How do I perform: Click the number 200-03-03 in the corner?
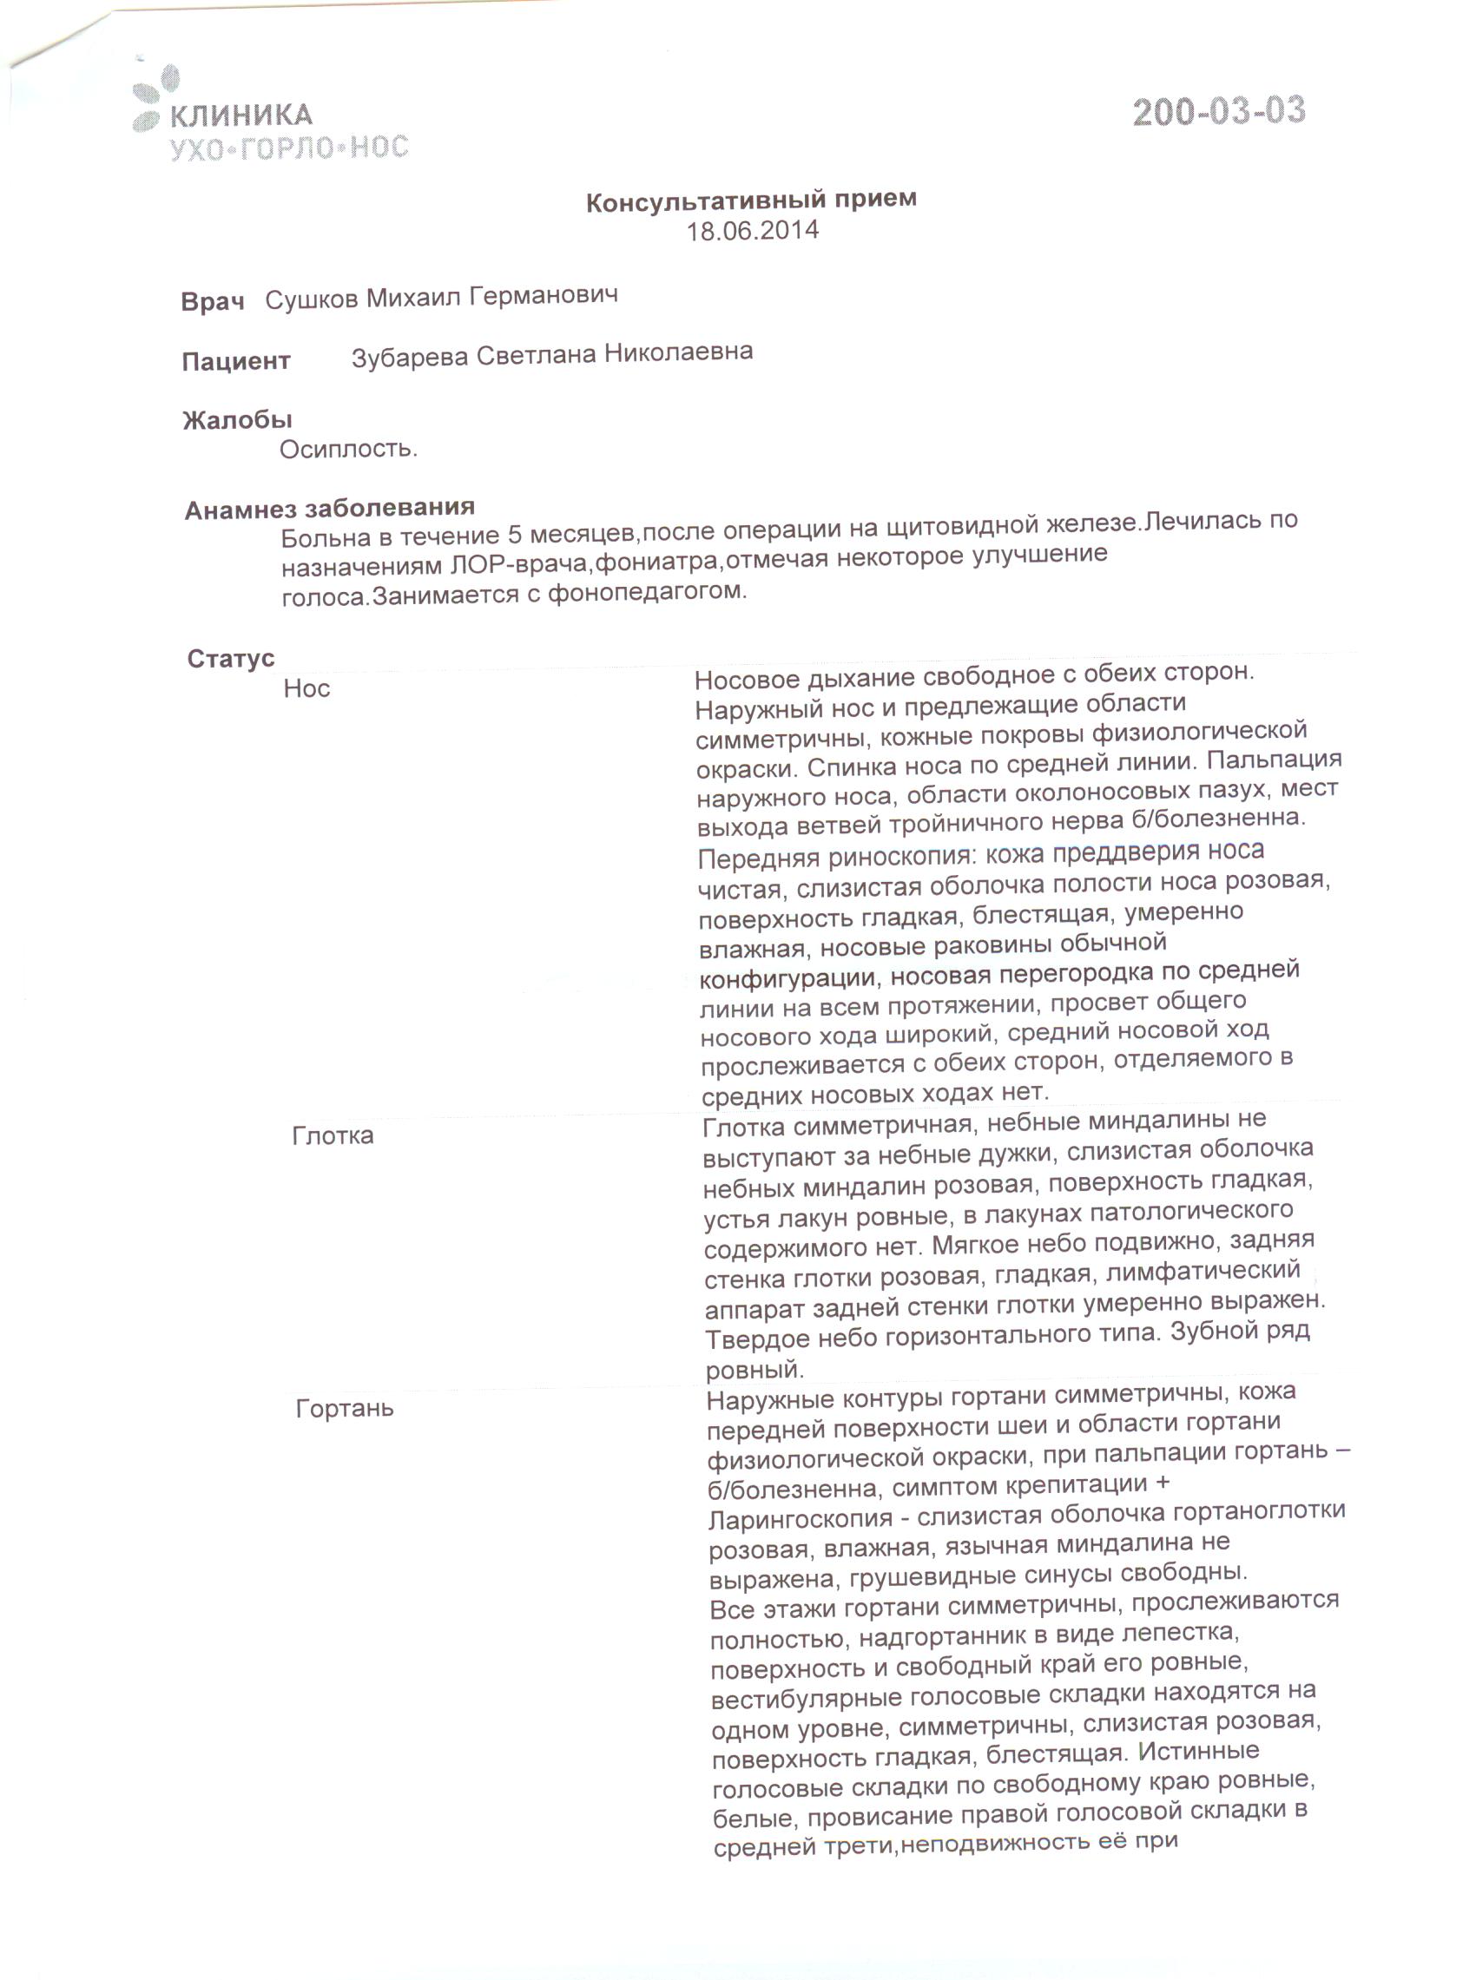[1219, 112]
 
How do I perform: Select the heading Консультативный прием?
[750, 200]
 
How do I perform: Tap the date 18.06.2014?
[751, 231]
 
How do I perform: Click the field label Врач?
[212, 302]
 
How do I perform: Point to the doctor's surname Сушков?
[311, 299]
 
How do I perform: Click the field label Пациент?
[236, 361]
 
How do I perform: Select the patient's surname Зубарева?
[409, 357]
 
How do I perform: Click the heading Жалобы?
[237, 419]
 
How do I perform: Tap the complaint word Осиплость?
[348, 450]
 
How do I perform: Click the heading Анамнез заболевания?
[329, 508]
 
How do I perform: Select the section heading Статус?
[230, 658]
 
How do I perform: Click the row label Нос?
[306, 688]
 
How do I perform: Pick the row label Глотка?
[333, 1136]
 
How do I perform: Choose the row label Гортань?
[344, 1409]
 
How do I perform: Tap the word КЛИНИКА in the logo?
[241, 115]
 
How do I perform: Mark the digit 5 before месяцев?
[515, 534]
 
